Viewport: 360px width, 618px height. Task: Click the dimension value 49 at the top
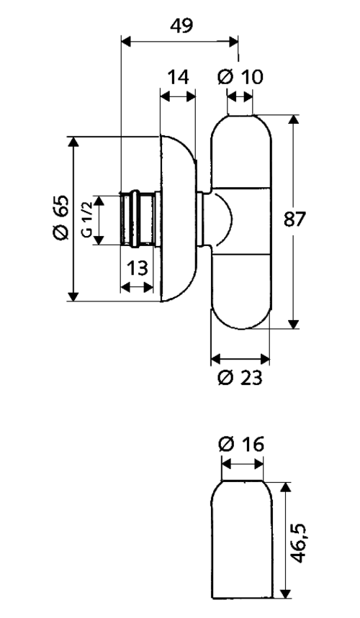pos(181,26)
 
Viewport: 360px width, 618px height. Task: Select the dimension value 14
pos(179,77)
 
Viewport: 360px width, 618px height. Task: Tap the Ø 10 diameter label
pos(240,77)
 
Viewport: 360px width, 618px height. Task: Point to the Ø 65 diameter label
pos(61,217)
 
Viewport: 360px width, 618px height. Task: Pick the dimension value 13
pos(138,268)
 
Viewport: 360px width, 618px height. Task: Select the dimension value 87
pos(294,219)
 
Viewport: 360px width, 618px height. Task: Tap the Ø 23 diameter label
pos(240,378)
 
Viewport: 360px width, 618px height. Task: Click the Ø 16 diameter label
pos(240,445)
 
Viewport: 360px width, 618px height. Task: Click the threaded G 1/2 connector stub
pos(138,219)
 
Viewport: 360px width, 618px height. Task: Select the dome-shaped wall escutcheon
pos(179,219)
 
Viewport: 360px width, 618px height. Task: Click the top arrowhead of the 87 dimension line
pos(293,120)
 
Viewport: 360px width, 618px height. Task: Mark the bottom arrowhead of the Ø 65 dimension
pos(73,296)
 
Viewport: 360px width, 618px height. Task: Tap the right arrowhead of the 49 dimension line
pos(233,41)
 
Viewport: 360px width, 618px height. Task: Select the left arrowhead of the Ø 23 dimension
pos(217,359)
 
